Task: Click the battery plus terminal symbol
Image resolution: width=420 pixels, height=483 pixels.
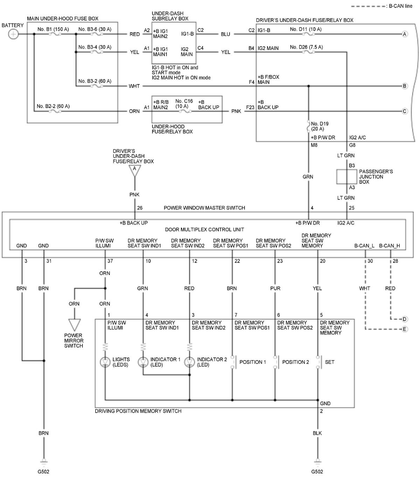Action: tap(13, 34)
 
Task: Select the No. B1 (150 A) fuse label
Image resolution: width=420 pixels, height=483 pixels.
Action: tap(54, 29)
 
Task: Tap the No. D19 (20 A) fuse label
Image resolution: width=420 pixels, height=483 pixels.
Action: tap(320, 126)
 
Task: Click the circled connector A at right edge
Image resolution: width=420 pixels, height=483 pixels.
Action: tap(405, 34)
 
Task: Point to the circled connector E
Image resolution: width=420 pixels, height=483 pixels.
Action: tap(405, 329)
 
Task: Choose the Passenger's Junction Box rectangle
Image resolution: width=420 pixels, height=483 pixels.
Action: tap(346, 177)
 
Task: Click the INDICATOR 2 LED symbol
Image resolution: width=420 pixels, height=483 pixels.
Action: tap(189, 362)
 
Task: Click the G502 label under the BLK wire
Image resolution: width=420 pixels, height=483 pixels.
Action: tap(317, 471)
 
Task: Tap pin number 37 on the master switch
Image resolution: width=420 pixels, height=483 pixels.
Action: tap(110, 261)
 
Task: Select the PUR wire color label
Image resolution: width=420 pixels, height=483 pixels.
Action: tap(275, 288)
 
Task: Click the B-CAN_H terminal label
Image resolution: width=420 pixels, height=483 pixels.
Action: tap(390, 246)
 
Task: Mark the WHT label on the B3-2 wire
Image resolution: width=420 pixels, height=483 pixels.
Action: tap(134, 86)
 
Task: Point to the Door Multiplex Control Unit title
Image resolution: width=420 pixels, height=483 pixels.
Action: tap(204, 230)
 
